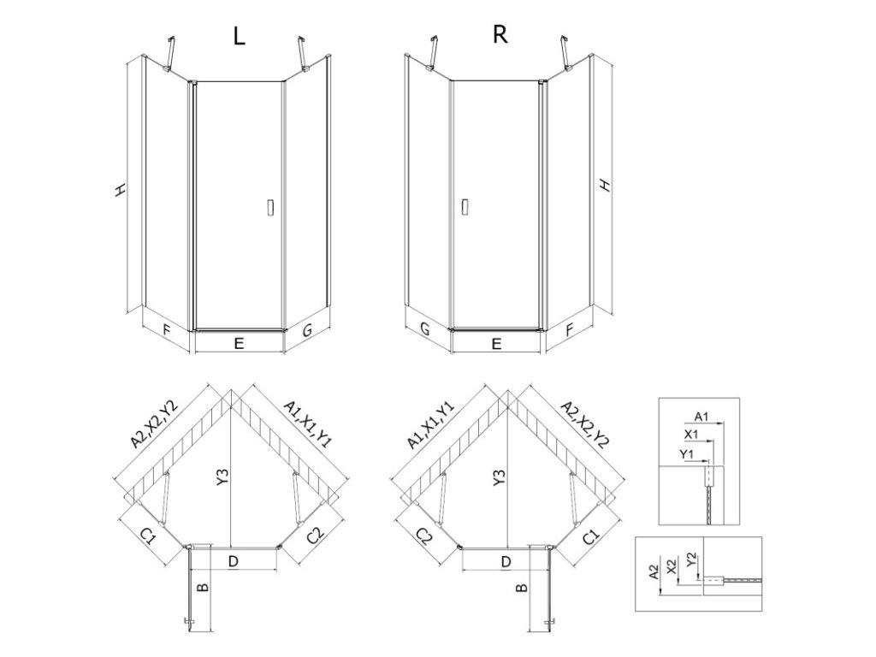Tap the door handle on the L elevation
pos(270,207)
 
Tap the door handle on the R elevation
pos(465,207)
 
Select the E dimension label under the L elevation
pos(240,344)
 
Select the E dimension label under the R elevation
pos(496,344)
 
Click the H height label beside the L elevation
pos(121,190)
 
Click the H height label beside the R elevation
pos(605,185)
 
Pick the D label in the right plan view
pos(506,561)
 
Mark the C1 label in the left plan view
pos(147,536)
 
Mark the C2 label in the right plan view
pos(425,536)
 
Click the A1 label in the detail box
pos(700,416)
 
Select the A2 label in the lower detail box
pos(652,571)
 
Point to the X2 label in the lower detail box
pos(672,565)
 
